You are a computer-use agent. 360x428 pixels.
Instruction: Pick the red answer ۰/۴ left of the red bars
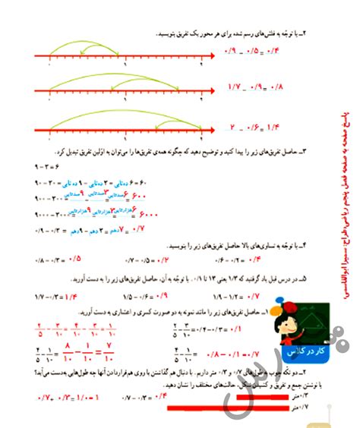(160, 394)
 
